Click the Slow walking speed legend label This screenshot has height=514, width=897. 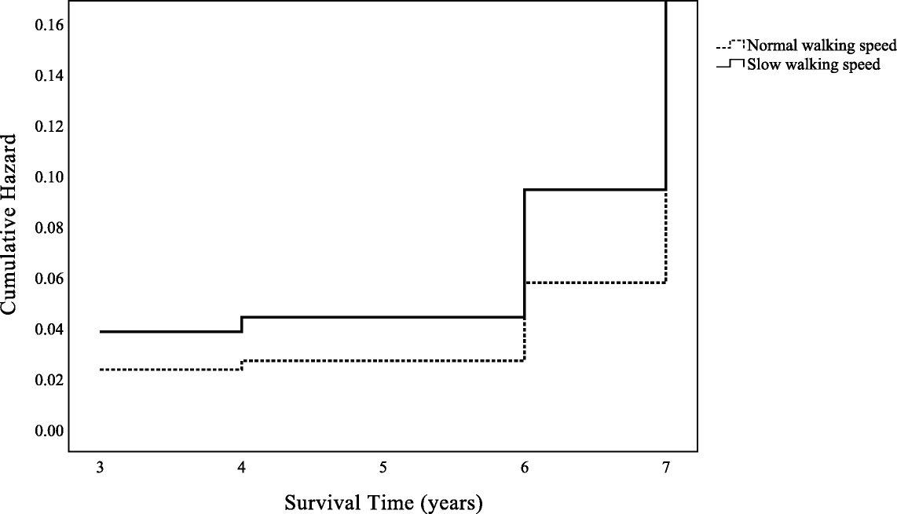[814, 64]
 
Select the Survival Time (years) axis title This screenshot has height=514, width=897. [383, 501]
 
